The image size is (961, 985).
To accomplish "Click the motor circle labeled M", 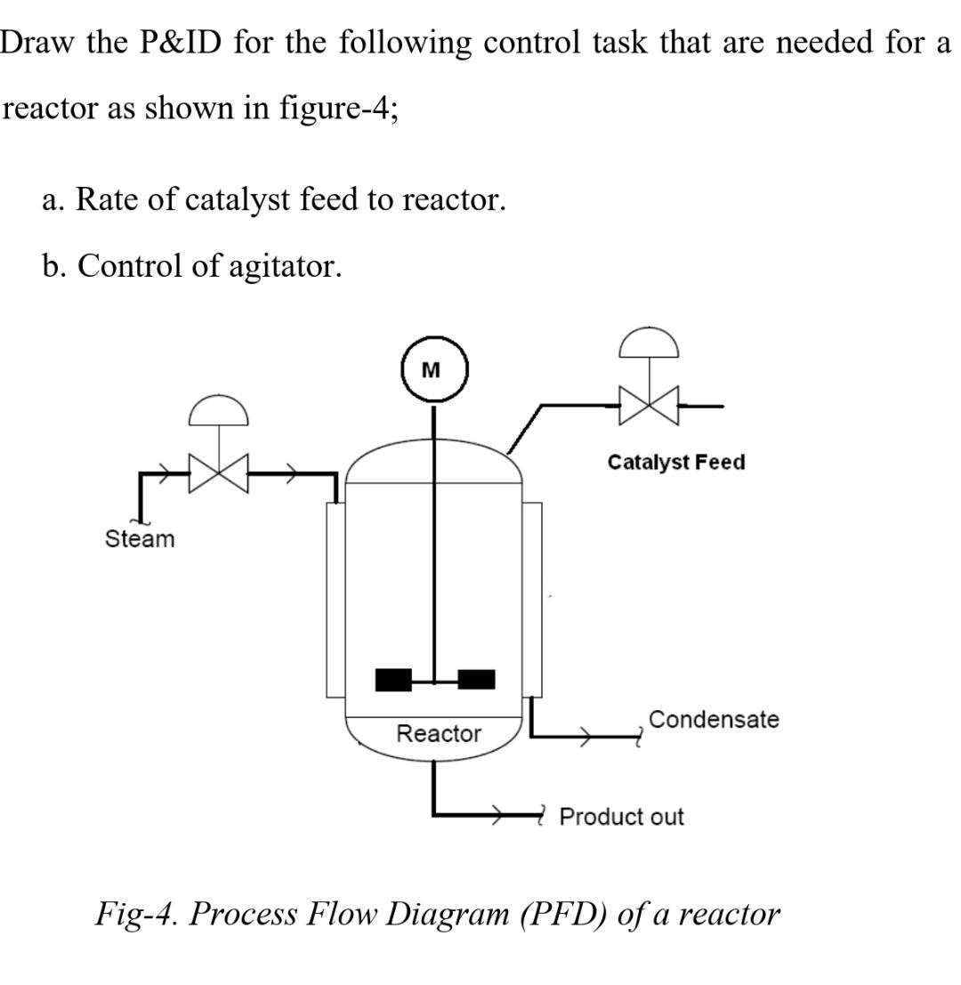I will tap(433, 369).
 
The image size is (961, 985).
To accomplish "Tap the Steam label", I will tap(140, 539).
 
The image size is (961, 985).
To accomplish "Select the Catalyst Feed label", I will tap(676, 463).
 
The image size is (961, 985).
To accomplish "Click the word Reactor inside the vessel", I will tap(438, 734).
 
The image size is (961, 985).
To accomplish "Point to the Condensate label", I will tap(714, 719).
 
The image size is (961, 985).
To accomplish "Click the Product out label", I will tap(621, 817).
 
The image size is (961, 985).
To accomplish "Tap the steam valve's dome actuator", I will tap(218, 411).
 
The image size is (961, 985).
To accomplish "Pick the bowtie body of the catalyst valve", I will tap(650, 405).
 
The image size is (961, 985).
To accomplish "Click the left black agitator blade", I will tap(393, 680).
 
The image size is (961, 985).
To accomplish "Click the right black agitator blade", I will tap(476, 680).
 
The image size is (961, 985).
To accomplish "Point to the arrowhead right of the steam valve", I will tap(290, 474).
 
